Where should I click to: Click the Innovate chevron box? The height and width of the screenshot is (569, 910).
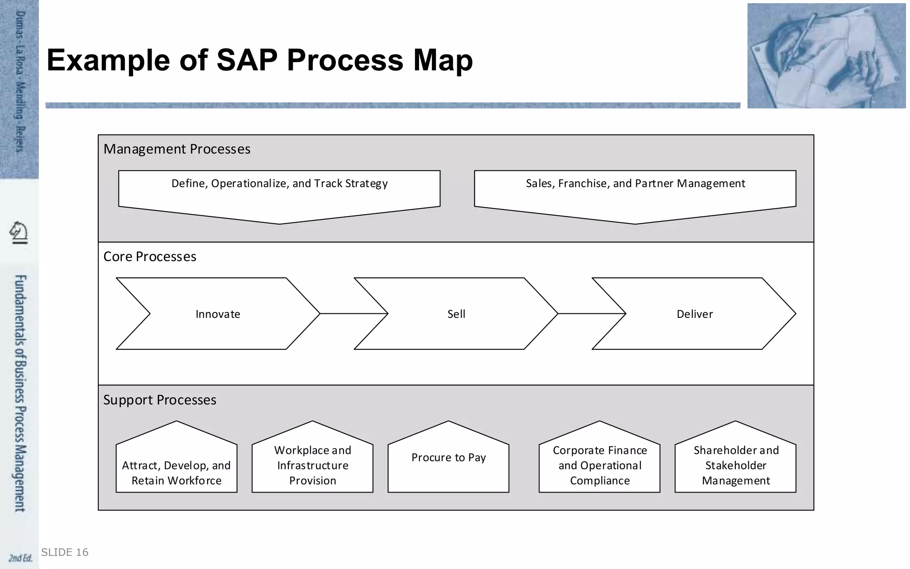[x=218, y=314]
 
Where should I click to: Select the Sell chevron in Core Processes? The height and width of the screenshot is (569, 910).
[x=456, y=314]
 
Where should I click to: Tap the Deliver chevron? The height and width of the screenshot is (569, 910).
[x=694, y=314]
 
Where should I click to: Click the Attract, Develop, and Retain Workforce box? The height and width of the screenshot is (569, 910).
[x=176, y=467]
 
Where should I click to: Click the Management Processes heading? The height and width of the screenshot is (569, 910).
[x=177, y=149]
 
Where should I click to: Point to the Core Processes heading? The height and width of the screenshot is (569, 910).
[x=150, y=256]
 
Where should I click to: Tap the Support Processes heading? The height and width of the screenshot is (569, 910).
[x=160, y=400]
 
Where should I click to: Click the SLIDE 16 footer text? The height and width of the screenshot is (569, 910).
[x=65, y=552]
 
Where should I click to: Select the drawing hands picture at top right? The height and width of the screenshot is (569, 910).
[x=826, y=56]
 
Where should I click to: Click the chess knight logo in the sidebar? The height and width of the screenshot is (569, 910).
[x=19, y=232]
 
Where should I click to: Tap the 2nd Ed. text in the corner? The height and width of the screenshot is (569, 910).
[x=20, y=558]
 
